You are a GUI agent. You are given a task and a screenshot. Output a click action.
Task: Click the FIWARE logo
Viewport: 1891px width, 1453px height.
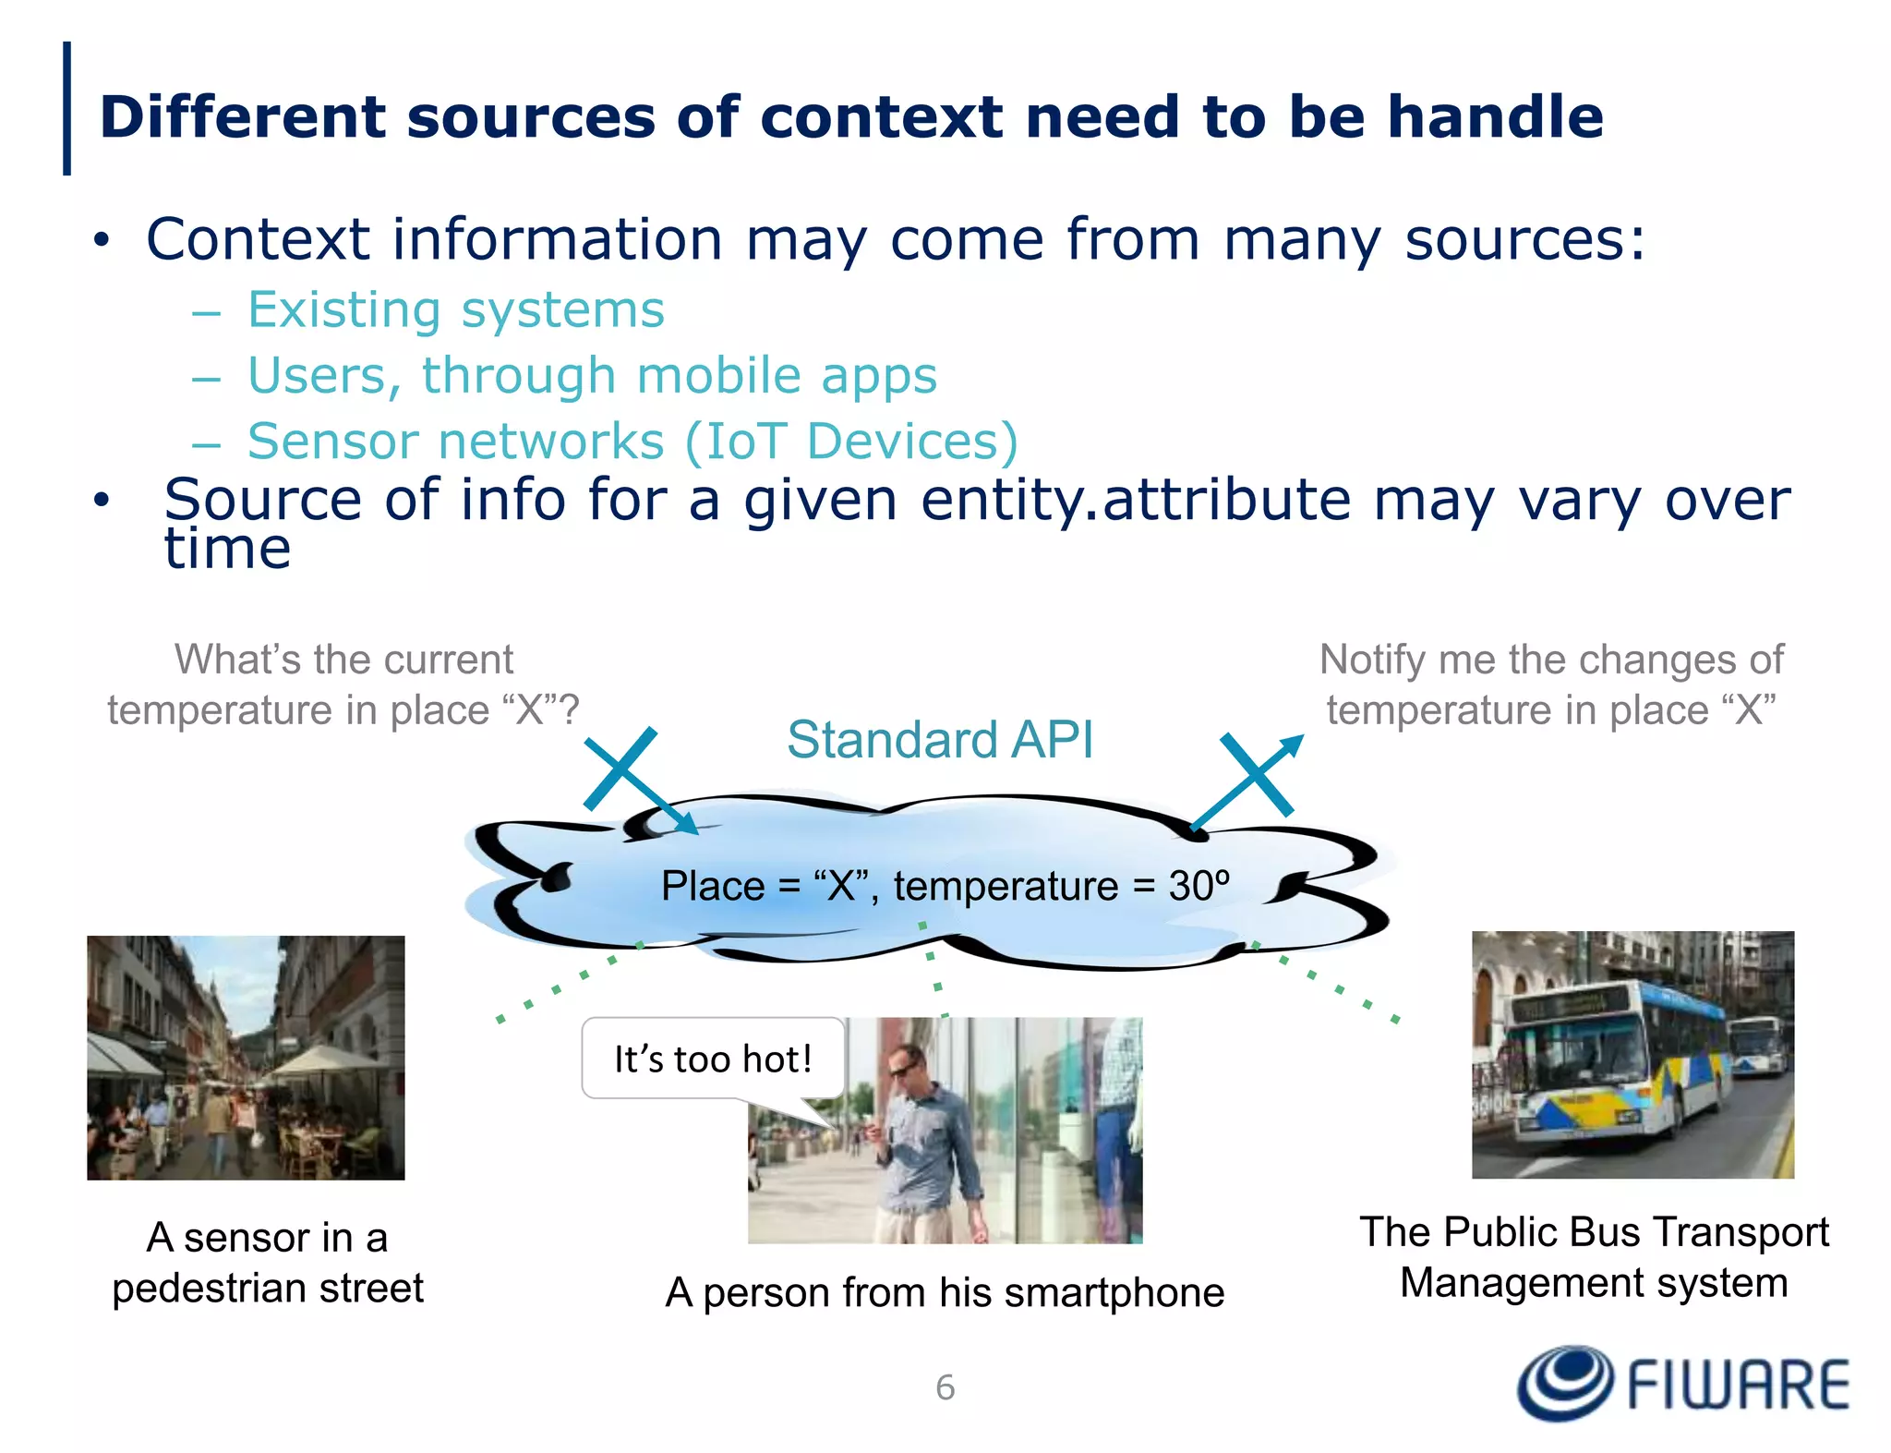click(x=1682, y=1383)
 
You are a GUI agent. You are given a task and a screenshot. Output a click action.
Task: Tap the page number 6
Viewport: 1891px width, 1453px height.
click(x=945, y=1387)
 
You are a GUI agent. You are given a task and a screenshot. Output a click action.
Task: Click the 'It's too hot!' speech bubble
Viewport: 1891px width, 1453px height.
click(x=713, y=1059)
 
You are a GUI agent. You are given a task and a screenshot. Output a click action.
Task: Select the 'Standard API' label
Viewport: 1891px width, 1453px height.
click(x=940, y=740)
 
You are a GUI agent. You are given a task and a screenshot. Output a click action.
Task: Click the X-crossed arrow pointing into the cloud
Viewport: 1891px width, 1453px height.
click(x=637, y=778)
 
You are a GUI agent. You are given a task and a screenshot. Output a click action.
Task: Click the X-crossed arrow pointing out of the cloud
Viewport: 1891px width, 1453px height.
click(x=1251, y=779)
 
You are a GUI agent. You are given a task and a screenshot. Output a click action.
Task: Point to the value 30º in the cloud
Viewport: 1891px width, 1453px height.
click(x=1198, y=886)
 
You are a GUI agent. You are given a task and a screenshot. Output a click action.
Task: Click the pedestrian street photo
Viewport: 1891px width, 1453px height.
click(x=246, y=1057)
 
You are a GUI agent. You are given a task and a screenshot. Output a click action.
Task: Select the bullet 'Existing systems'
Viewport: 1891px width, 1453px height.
click(x=455, y=309)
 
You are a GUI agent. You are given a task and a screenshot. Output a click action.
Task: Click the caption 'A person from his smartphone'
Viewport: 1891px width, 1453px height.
click(x=945, y=1292)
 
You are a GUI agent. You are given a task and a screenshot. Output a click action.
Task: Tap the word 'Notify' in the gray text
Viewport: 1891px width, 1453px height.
click(x=1373, y=660)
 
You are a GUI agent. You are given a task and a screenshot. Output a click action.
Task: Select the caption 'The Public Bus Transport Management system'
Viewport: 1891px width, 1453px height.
click(x=1594, y=1257)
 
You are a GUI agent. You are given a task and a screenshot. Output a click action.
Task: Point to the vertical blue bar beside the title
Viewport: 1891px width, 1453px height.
click(x=66, y=108)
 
